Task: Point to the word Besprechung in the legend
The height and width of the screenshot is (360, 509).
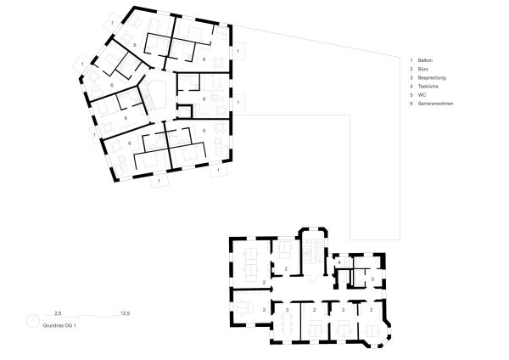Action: click(432, 78)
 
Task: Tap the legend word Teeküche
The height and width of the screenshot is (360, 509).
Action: click(428, 87)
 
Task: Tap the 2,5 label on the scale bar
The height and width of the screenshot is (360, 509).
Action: click(59, 312)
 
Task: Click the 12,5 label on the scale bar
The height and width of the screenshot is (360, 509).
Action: click(125, 312)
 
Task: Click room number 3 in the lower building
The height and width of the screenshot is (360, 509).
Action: click(288, 311)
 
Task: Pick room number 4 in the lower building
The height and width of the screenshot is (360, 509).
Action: click(338, 262)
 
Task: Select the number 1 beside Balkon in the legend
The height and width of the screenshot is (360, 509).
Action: click(411, 62)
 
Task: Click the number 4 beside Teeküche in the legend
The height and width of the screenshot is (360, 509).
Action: click(411, 87)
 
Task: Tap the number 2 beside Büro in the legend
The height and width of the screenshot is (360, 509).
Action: click(411, 70)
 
